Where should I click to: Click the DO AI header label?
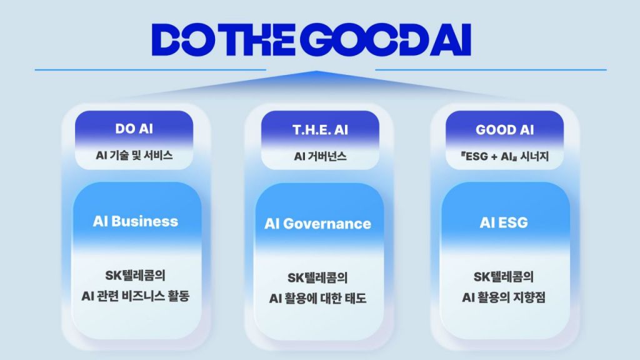(134, 129)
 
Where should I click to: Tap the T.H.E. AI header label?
(320, 130)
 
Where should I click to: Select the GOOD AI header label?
(504, 130)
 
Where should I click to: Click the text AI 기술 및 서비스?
(134, 155)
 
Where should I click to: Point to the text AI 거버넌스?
(320, 156)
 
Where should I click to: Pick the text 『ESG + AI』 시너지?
(504, 156)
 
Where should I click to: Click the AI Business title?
(136, 221)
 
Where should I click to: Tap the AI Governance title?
(318, 224)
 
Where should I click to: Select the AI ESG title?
(504, 222)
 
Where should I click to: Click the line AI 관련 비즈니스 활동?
(136, 296)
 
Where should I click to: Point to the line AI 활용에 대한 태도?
(318, 298)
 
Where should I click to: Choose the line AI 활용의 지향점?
(504, 297)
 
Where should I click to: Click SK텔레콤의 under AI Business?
(136, 276)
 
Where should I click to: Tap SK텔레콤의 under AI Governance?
(318, 278)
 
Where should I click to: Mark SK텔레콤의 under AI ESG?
(504, 277)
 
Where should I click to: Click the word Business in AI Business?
(145, 221)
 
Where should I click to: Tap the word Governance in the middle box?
(327, 224)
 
